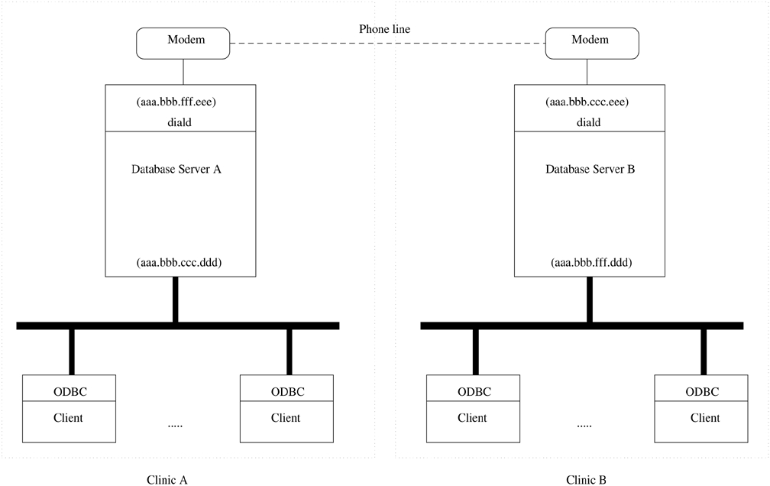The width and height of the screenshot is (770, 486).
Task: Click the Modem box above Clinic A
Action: (x=183, y=43)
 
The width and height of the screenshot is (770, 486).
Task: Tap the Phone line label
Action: (x=385, y=29)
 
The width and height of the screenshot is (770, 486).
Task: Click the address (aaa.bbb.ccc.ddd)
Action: (x=180, y=263)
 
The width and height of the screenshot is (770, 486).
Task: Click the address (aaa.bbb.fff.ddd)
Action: (x=590, y=263)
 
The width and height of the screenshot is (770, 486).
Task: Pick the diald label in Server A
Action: (x=180, y=122)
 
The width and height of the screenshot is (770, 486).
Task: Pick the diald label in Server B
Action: (x=588, y=122)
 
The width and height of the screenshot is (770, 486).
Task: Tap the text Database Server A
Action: (x=176, y=170)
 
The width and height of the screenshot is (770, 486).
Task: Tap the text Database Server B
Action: (x=590, y=170)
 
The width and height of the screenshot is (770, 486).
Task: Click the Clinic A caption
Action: (x=167, y=480)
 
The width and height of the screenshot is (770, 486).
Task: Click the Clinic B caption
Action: (x=587, y=480)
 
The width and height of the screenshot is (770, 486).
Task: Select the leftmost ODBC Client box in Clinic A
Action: (x=69, y=409)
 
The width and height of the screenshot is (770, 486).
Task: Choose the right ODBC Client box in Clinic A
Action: (x=286, y=409)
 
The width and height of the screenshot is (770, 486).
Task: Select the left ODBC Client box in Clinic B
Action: (x=473, y=409)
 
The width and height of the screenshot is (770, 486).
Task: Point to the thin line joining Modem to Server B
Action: (x=587, y=72)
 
